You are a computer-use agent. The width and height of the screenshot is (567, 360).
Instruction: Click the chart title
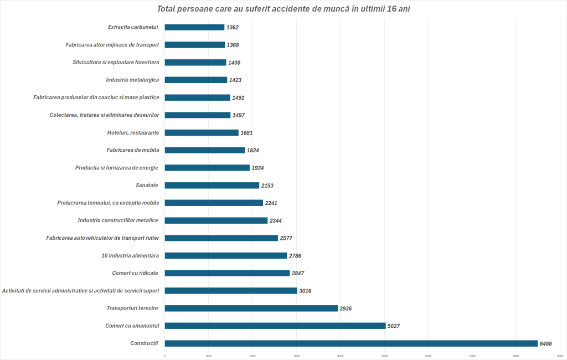(283, 9)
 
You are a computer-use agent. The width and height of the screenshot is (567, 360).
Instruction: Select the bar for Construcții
(351, 343)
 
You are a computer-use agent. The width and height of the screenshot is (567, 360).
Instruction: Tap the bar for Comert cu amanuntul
(275, 326)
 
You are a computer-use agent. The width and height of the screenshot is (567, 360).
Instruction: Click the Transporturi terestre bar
(251, 308)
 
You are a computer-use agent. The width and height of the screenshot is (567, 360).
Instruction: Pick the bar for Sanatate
(212, 185)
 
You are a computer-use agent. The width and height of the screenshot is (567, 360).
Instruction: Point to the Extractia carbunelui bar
(194, 27)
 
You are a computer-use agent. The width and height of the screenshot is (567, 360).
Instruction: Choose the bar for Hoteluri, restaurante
(202, 132)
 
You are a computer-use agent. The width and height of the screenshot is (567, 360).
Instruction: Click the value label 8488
(546, 343)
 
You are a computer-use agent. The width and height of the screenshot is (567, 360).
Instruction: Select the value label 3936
(347, 308)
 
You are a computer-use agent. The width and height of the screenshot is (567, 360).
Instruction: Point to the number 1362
(232, 27)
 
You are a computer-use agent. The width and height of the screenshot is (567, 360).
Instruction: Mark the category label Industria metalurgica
(132, 80)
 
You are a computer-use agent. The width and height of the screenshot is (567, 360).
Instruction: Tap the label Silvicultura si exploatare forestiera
(116, 62)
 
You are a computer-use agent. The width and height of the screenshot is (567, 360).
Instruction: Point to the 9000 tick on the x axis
(560, 356)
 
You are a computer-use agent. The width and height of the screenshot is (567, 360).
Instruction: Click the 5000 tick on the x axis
(384, 356)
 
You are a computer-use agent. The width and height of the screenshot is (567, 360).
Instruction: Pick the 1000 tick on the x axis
(208, 356)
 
